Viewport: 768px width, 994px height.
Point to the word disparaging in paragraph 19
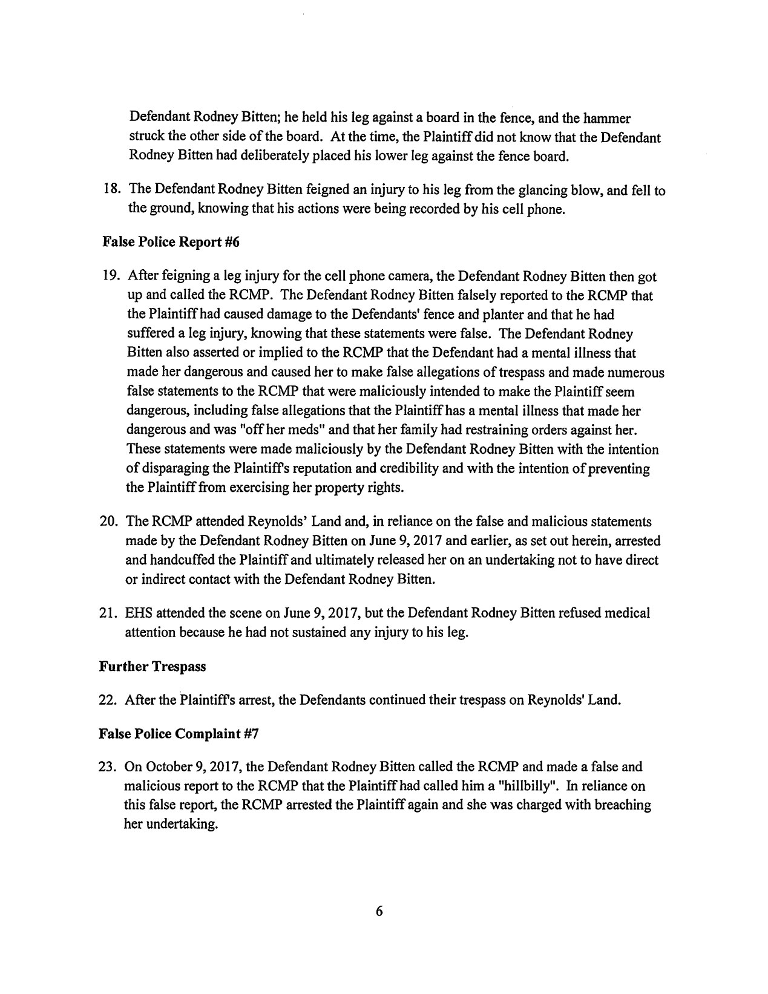coord(172,469)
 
